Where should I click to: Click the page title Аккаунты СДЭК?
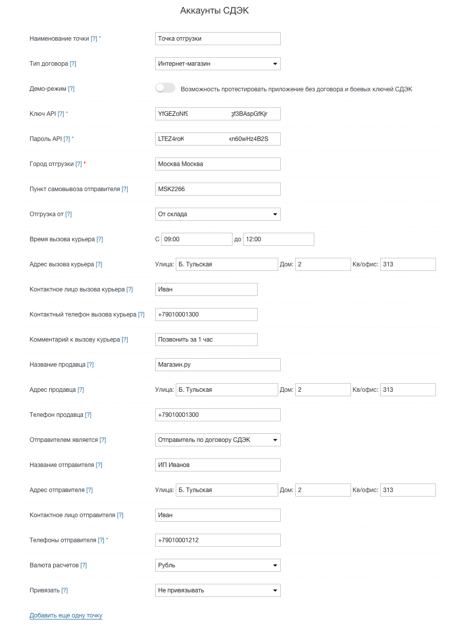(214, 11)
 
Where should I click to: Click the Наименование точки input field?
(217, 39)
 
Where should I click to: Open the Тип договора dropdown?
(217, 64)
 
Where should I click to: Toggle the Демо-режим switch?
(165, 88)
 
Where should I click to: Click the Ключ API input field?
(217, 114)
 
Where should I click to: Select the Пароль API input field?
(217, 139)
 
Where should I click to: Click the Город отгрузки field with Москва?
(217, 164)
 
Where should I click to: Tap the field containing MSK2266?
(217, 189)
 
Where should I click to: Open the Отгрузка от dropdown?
(217, 214)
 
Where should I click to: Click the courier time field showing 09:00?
(196, 239)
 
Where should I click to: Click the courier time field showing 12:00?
(278, 239)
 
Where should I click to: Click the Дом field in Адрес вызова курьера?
(322, 264)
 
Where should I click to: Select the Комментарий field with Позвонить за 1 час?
(206, 340)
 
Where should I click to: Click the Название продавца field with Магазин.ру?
(217, 365)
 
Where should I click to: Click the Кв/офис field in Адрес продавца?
(407, 390)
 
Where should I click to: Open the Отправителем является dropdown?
(217, 440)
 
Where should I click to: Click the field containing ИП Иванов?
(217, 465)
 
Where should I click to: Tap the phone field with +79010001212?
(217, 540)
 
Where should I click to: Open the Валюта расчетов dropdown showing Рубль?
(217, 565)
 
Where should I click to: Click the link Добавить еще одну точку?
(66, 615)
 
